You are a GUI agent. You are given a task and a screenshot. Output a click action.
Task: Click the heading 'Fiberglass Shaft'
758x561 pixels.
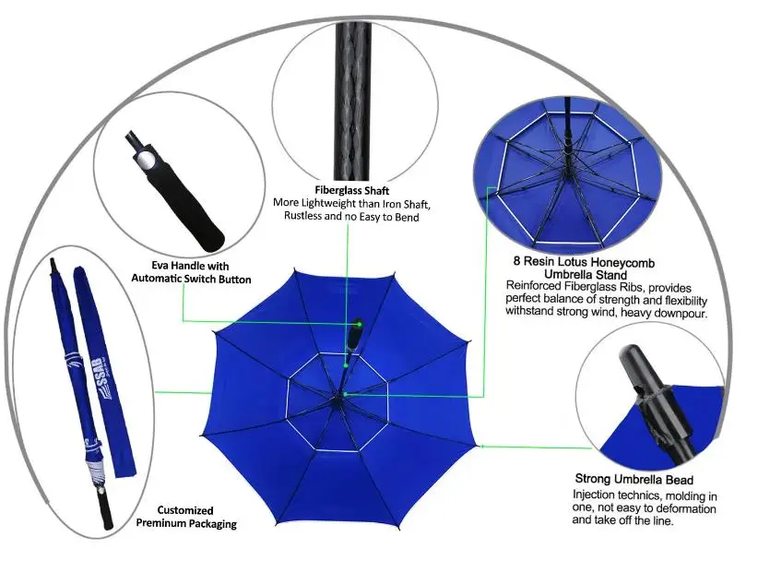click(x=352, y=190)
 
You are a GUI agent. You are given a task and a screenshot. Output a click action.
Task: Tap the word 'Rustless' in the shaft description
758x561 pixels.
click(x=302, y=216)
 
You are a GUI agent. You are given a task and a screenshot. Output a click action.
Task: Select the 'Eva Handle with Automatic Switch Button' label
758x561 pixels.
click(x=191, y=272)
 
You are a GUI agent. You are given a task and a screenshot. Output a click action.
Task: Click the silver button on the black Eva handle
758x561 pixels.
click(x=144, y=159)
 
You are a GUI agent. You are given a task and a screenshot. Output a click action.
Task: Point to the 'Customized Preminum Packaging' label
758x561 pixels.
click(x=186, y=517)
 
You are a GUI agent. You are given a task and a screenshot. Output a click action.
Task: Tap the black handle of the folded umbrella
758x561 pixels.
click(x=106, y=510)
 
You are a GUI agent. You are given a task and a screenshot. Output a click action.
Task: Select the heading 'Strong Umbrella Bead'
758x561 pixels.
click(x=634, y=479)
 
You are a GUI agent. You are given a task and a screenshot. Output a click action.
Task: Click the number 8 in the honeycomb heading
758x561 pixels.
click(x=516, y=261)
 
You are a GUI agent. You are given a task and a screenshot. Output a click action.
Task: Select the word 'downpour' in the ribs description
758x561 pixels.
click(x=687, y=314)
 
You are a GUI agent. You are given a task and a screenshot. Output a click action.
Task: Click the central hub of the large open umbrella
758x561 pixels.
click(x=338, y=400)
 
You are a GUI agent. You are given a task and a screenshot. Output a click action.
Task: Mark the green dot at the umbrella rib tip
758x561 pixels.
click(x=481, y=447)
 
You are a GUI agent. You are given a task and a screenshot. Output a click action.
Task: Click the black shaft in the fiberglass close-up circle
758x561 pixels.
click(x=352, y=101)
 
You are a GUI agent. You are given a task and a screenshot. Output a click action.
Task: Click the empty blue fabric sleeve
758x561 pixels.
click(x=104, y=372)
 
